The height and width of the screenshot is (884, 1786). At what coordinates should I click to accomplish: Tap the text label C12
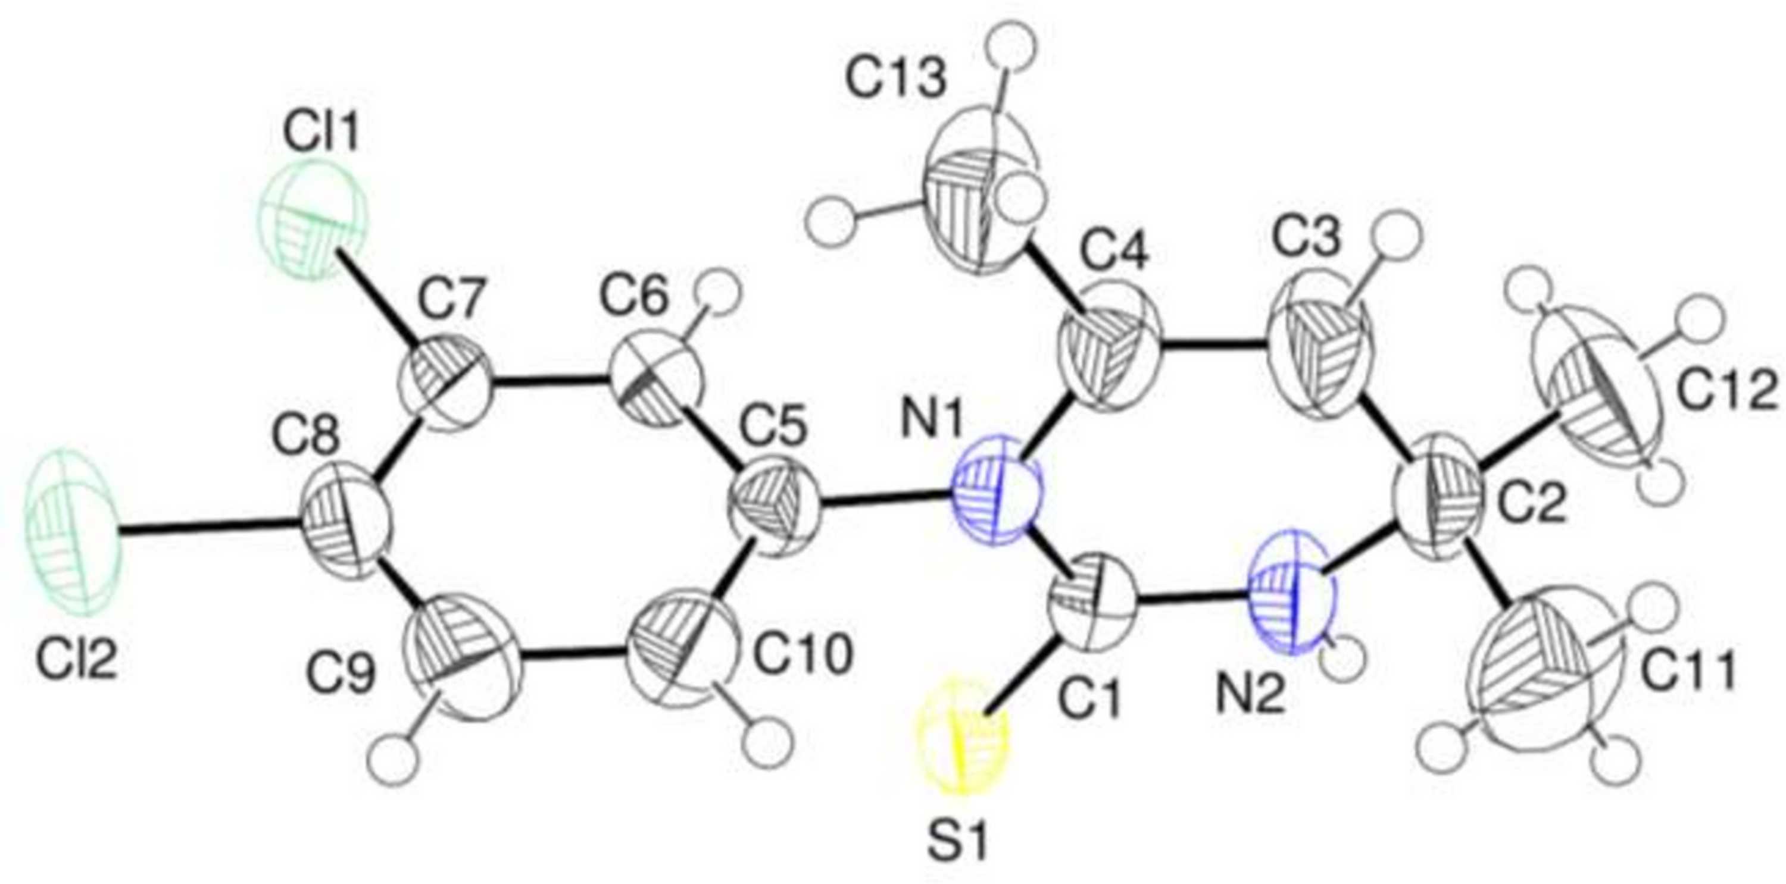[x=1726, y=397]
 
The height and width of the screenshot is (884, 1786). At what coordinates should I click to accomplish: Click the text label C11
[x=1689, y=670]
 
